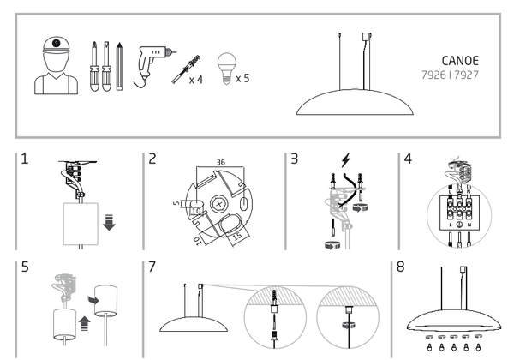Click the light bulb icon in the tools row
(x=226, y=64)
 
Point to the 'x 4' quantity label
(x=197, y=79)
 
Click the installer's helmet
(x=55, y=45)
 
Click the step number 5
(x=26, y=268)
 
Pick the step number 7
(x=152, y=268)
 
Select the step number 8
(x=401, y=268)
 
